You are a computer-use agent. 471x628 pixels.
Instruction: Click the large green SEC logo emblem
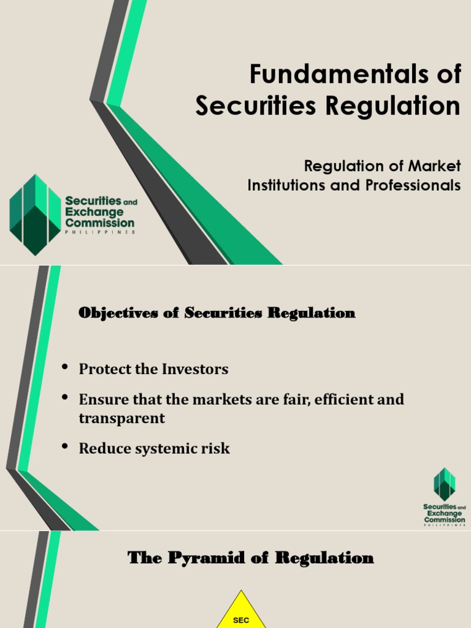click(35, 215)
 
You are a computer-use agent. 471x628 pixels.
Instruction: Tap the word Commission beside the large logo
click(99, 223)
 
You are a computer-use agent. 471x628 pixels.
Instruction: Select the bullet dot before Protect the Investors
click(65, 367)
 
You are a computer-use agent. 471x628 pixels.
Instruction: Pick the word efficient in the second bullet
click(343, 399)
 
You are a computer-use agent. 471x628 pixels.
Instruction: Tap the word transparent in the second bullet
click(122, 418)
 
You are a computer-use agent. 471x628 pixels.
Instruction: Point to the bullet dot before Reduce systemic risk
click(65, 446)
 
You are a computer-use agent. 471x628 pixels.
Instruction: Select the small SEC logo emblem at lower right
click(445, 483)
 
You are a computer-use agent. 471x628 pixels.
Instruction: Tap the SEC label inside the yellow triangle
click(242, 620)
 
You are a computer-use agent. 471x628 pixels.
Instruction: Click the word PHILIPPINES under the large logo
click(100, 232)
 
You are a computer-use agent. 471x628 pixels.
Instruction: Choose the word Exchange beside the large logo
click(94, 212)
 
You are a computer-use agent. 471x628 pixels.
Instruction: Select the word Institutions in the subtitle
click(285, 185)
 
